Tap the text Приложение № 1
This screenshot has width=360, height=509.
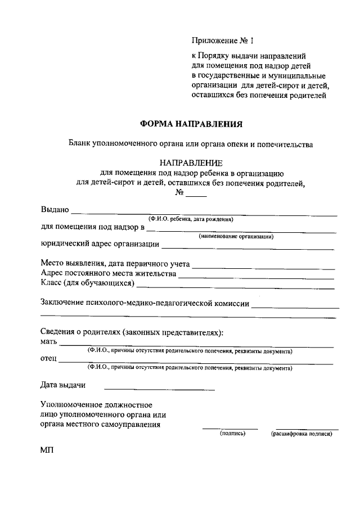(222, 40)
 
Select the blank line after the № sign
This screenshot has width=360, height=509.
(196, 195)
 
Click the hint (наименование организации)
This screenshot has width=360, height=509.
(236, 237)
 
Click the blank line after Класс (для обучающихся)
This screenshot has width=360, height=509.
(236, 286)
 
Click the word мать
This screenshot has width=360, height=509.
(49, 341)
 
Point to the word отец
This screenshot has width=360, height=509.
(49, 358)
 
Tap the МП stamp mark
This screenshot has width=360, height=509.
(47, 451)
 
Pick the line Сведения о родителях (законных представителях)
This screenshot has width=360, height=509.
(132, 332)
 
